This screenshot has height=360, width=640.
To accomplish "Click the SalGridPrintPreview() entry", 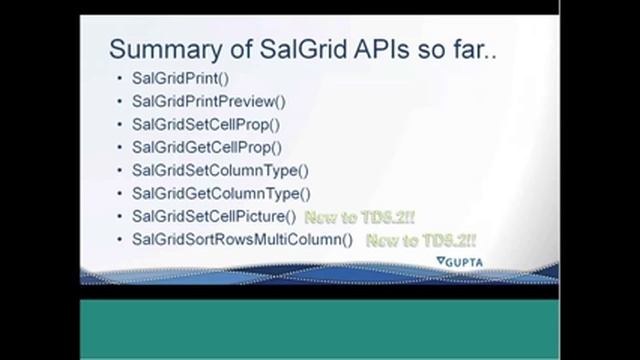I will pyautogui.click(x=208, y=101).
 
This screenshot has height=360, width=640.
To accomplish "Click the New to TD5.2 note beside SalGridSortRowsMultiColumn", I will pyautogui.click(x=420, y=240).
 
